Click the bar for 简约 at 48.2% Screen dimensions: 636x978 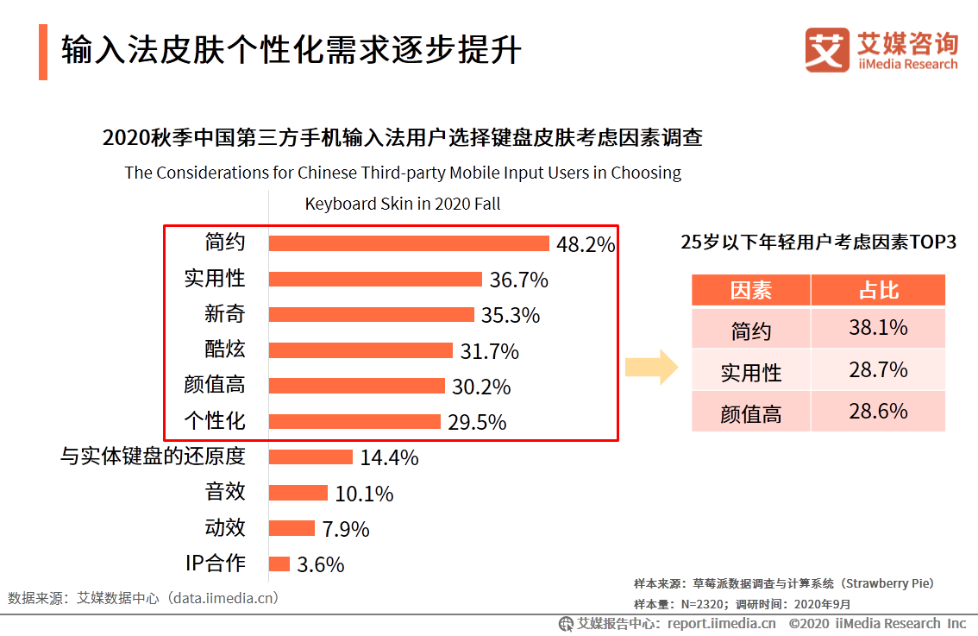[409, 243]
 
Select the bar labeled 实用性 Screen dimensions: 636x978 [375, 279]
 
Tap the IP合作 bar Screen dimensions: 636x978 [279, 564]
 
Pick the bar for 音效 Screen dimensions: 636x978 [298, 493]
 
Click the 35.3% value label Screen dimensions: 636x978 [511, 316]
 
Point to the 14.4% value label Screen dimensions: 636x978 [389, 458]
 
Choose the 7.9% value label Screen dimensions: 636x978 [345, 529]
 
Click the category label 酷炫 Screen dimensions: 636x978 [225, 349]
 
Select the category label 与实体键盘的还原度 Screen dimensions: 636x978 [153, 457]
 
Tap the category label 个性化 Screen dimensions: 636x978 [215, 421]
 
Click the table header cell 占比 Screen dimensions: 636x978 [878, 291]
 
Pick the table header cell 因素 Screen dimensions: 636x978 [750, 291]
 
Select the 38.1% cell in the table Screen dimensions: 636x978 [878, 329]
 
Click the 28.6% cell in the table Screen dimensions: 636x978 [878, 412]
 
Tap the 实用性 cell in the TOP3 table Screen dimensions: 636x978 [750, 372]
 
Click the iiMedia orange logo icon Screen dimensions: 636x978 [827, 50]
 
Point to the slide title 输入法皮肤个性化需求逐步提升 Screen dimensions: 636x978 [291, 51]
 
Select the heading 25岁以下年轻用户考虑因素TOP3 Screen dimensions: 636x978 [818, 242]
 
